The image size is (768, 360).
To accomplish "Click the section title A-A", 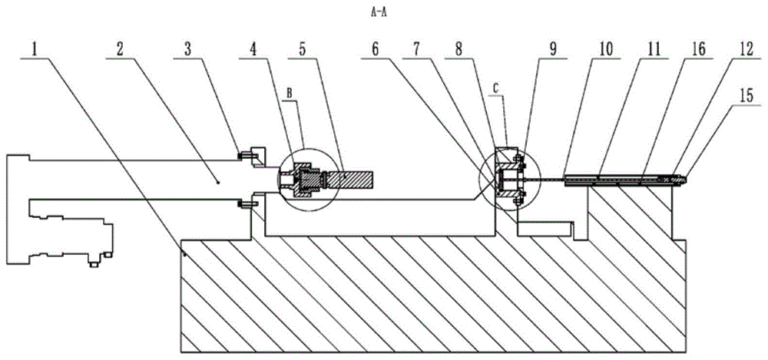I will click(x=380, y=13).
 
